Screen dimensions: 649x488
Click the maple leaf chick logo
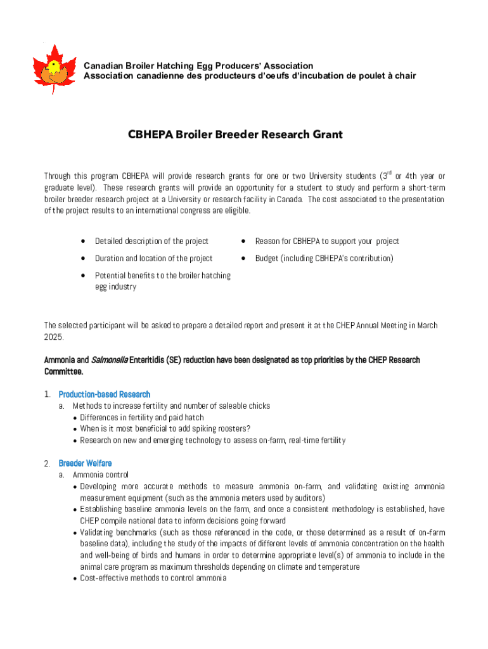[x=54, y=68]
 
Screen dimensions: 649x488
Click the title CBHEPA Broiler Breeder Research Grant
[x=235, y=134]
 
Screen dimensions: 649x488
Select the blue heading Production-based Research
[x=105, y=394]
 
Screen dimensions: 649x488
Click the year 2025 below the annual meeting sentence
[x=53, y=337]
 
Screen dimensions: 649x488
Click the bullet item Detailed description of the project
[x=151, y=241]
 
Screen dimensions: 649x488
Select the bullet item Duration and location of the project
[x=154, y=258]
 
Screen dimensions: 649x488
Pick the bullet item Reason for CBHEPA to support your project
[x=327, y=241]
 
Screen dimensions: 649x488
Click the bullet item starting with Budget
[x=324, y=258]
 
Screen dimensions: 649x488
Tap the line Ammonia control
[x=101, y=475]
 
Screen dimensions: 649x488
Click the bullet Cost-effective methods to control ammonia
[x=153, y=578]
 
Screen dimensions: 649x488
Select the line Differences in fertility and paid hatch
[x=142, y=417]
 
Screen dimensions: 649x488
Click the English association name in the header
[x=198, y=66]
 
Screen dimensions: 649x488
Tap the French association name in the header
[x=250, y=76]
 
